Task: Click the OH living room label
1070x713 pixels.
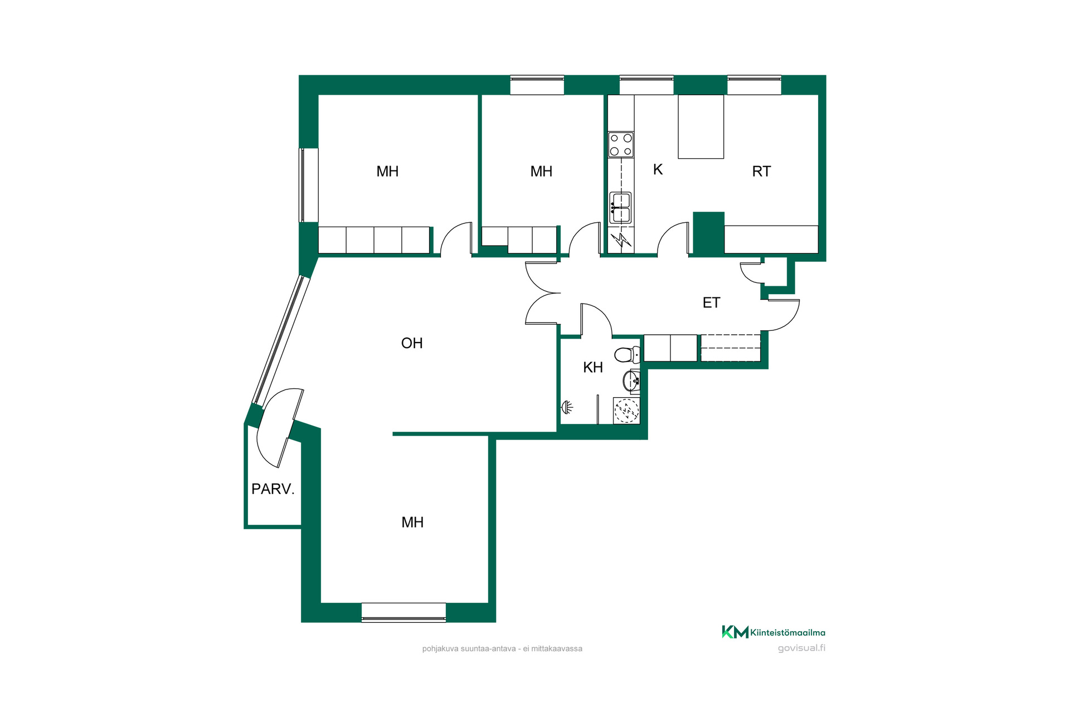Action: coord(412,343)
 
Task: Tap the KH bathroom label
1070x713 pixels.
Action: coord(593,368)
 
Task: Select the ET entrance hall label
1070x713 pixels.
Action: coord(711,302)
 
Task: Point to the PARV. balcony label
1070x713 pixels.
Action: coord(273,489)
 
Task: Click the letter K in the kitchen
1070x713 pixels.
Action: coord(658,169)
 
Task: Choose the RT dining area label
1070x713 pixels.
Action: coord(761,172)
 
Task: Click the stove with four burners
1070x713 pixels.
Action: coord(621,144)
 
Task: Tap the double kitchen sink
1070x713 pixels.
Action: coord(621,208)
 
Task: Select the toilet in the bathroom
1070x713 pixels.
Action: coord(628,354)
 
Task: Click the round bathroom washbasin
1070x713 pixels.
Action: coord(631,381)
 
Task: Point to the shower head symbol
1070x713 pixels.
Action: coord(567,407)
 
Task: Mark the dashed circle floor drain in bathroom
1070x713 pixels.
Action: coord(626,411)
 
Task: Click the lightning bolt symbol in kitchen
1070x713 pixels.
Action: coord(621,240)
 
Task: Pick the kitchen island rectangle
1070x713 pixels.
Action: coord(701,126)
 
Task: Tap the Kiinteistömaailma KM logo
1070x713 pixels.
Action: coord(774,632)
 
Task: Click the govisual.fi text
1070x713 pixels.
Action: coord(801,648)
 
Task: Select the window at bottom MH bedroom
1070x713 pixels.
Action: coord(403,612)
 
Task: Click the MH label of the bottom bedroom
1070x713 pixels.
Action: coord(412,522)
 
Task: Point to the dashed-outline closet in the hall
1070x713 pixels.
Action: coord(731,348)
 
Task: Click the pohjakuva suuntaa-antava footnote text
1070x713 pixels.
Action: coord(502,648)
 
